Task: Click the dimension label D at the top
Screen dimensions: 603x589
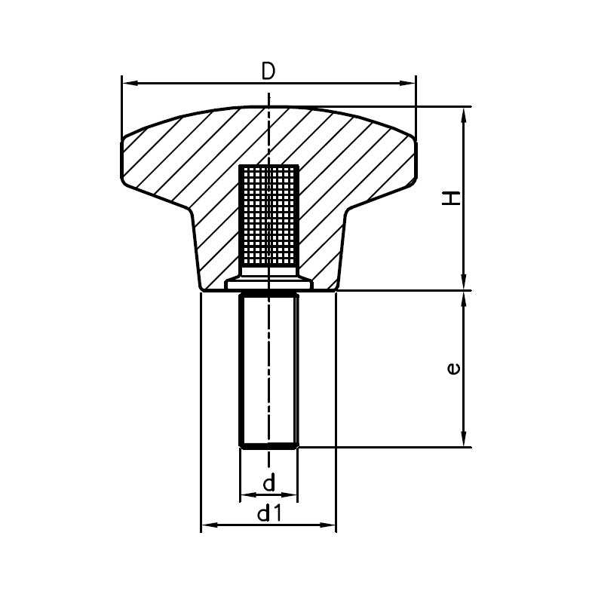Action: pyautogui.click(x=268, y=71)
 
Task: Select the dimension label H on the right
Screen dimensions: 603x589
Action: pyautogui.click(x=451, y=198)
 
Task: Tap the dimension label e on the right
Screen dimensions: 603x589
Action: pyautogui.click(x=452, y=369)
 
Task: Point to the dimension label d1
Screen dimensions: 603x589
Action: pyautogui.click(x=269, y=514)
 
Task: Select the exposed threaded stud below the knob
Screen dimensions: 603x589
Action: pyautogui.click(x=268, y=369)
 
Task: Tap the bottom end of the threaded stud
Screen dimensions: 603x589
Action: pyautogui.click(x=268, y=445)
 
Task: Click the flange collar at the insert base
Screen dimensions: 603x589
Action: pyautogui.click(x=268, y=283)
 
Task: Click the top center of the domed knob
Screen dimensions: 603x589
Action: pyautogui.click(x=268, y=107)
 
